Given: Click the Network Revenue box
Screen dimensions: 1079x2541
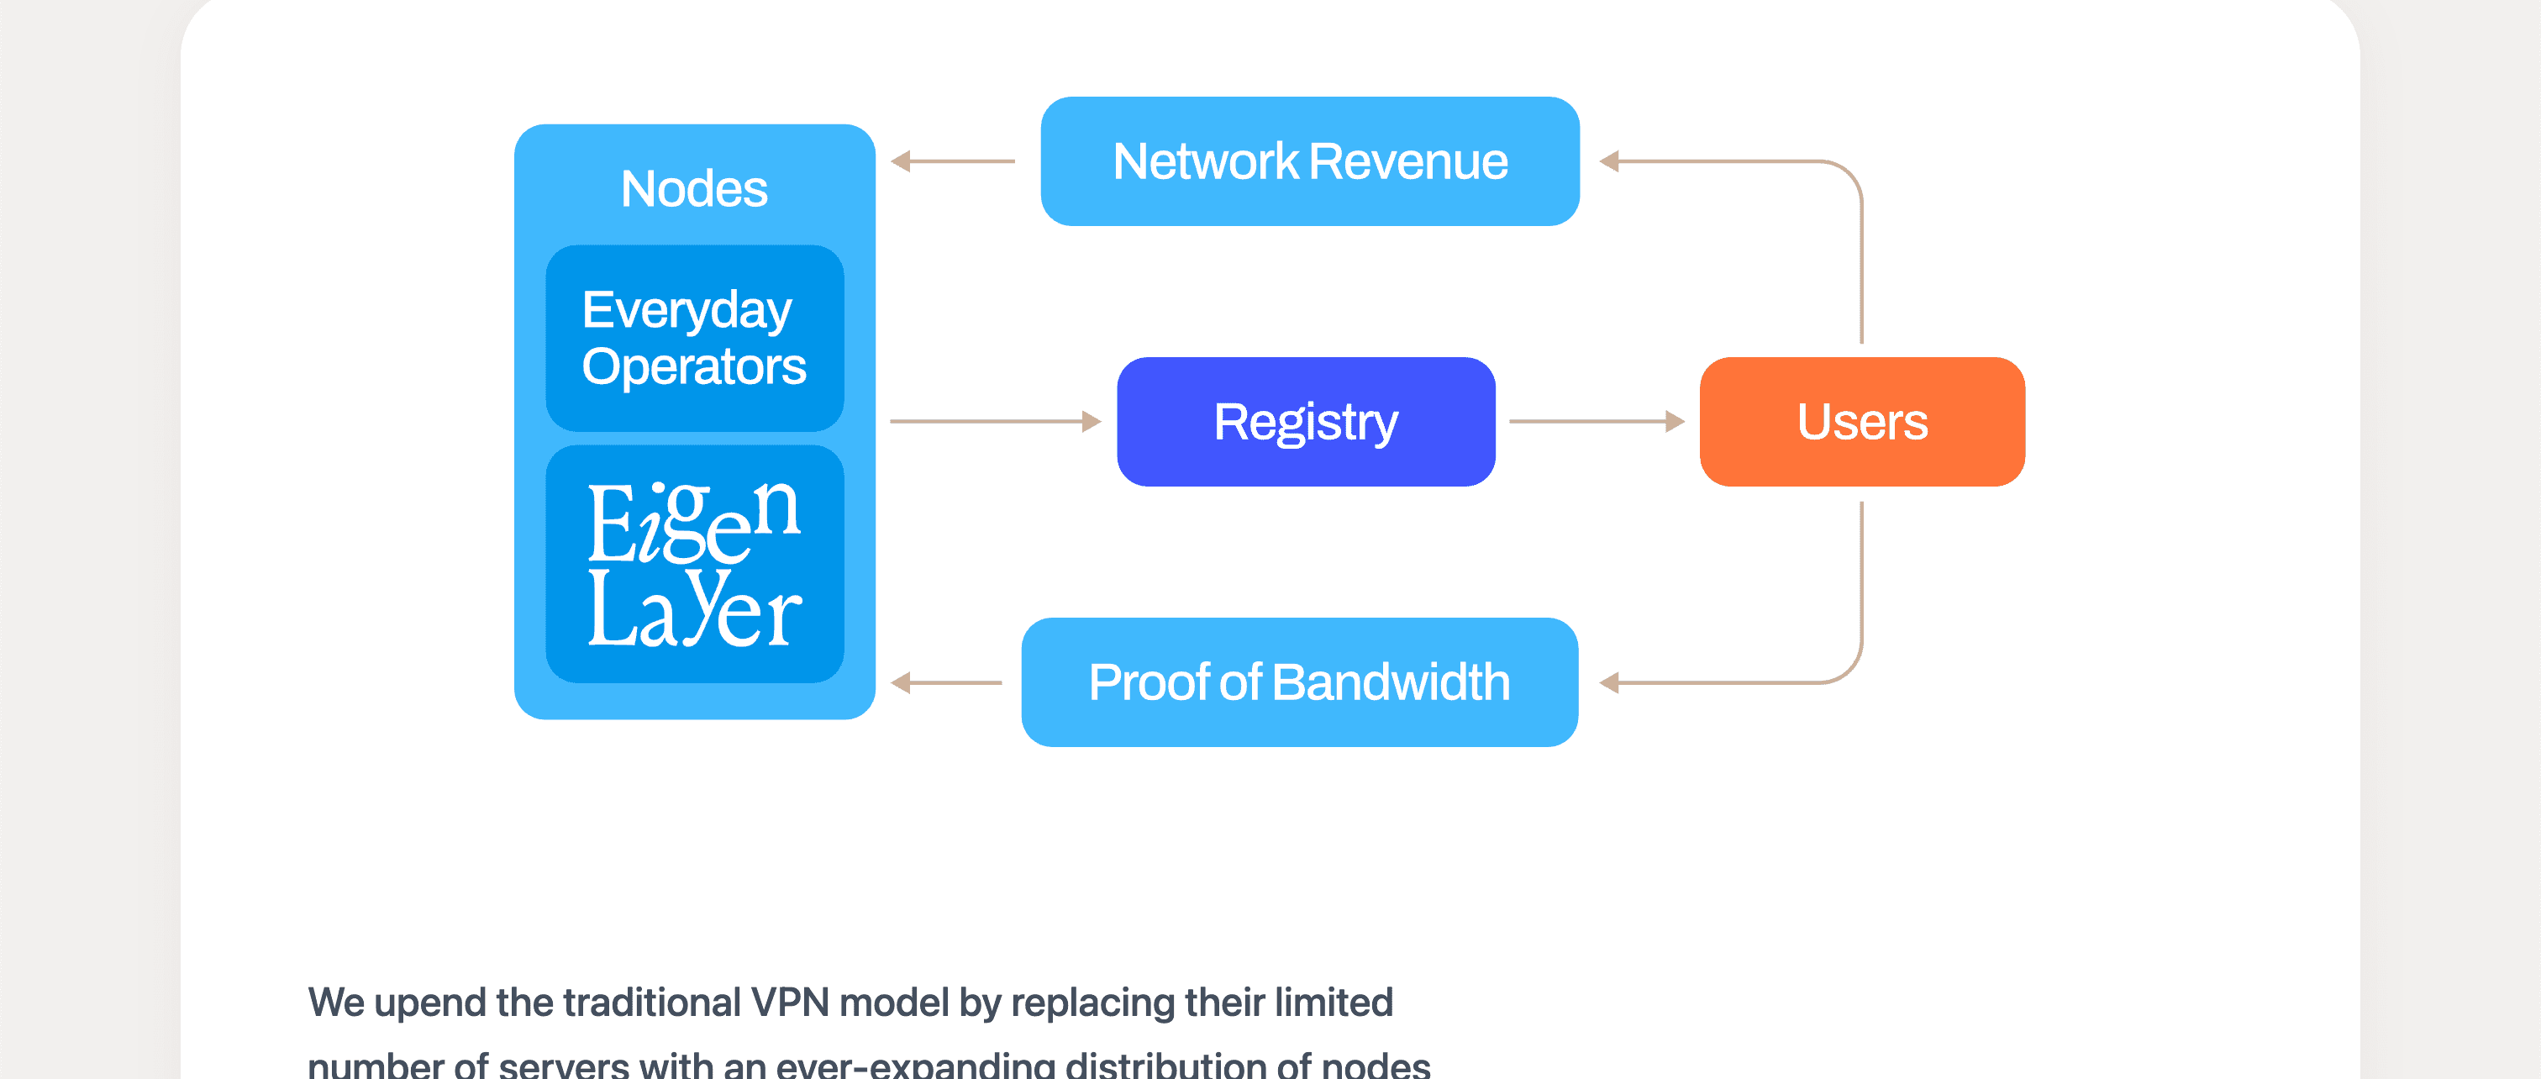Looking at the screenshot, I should point(1309,161).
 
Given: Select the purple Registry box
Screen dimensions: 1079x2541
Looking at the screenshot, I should point(1305,421).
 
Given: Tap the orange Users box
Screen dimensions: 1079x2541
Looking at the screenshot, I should point(1861,421).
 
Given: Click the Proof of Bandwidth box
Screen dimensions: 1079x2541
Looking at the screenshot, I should point(1299,682).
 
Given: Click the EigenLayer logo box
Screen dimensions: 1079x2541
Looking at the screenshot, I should point(694,563).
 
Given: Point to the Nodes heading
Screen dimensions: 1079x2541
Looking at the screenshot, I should point(693,188).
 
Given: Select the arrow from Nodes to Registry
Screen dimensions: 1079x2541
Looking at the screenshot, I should point(994,421).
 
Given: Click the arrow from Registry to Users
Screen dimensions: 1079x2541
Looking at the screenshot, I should point(1595,421).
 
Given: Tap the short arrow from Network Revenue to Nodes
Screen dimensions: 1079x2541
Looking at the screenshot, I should point(952,161).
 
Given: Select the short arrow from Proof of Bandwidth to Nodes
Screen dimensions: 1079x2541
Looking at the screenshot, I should point(945,682).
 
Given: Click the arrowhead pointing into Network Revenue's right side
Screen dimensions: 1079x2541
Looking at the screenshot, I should point(1610,161).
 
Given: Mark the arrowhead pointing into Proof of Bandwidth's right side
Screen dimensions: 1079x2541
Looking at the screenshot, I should point(1610,682).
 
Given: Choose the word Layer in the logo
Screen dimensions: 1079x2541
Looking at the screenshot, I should point(693,612).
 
